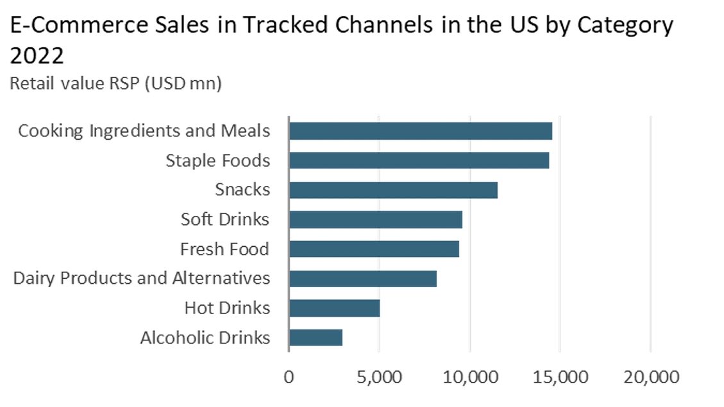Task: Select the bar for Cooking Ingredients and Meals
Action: (420, 131)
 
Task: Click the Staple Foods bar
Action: (419, 160)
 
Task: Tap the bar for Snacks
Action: (393, 190)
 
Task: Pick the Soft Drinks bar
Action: (375, 219)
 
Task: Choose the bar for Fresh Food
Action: (374, 249)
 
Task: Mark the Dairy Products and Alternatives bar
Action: (362, 278)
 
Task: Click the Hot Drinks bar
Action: (334, 308)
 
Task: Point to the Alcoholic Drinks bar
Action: (316, 338)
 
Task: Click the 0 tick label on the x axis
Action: (289, 377)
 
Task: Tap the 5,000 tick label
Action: (379, 377)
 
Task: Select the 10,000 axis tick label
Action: (469, 377)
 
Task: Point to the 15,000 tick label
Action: (560, 377)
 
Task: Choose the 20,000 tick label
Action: (650, 377)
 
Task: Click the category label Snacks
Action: (242, 190)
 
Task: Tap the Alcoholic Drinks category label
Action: (205, 338)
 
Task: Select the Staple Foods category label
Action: (218, 160)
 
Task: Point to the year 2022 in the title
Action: (37, 56)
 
